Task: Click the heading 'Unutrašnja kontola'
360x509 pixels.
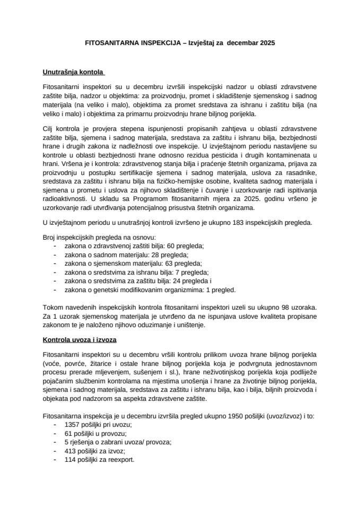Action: point(73,71)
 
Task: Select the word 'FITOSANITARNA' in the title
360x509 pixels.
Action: point(109,41)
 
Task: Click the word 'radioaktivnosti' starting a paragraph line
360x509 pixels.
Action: point(63,198)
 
